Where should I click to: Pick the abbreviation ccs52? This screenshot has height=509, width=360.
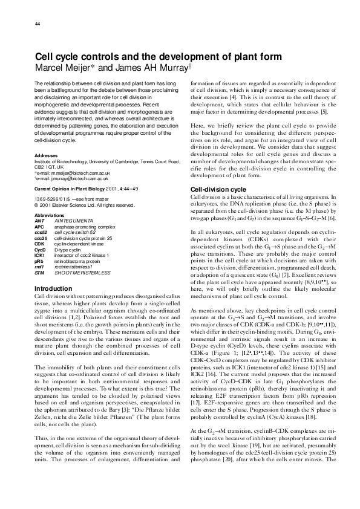click(x=41, y=230)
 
